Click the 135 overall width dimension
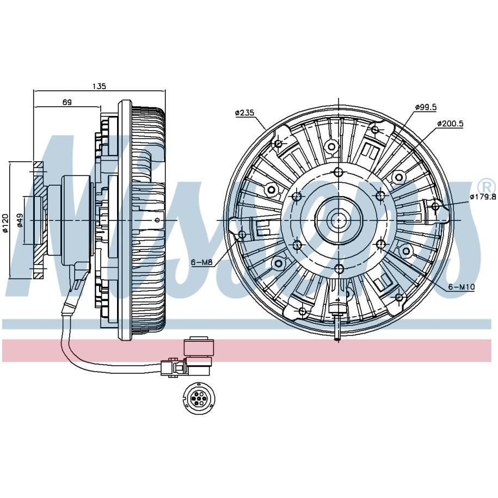pyautogui.click(x=99, y=86)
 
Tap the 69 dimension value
pyautogui.click(x=67, y=102)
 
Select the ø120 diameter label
pyautogui.click(x=5, y=223)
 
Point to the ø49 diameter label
pyautogui.click(x=20, y=220)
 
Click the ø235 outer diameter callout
pyautogui.click(x=245, y=113)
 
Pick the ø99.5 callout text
pyautogui.click(x=426, y=107)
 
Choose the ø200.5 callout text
pyautogui.click(x=450, y=124)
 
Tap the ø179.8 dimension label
pyautogui.click(x=483, y=196)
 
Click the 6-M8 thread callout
pyautogui.click(x=201, y=262)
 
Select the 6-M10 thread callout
pyautogui.click(x=462, y=287)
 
